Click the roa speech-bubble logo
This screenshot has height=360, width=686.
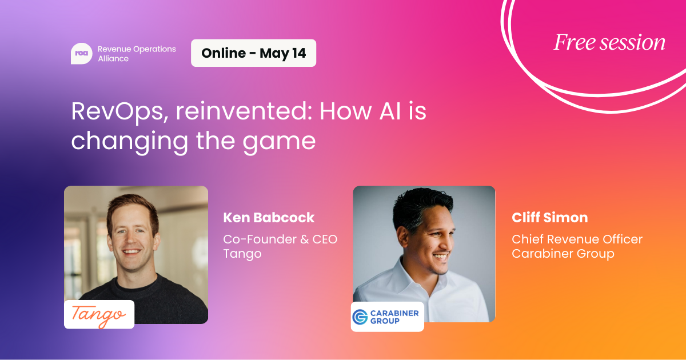(81, 54)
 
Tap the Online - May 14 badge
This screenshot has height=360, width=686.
(254, 53)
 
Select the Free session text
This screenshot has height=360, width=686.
(609, 42)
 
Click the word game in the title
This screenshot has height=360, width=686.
(279, 142)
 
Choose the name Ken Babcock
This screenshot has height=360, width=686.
(269, 218)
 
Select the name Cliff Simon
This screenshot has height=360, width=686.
(550, 218)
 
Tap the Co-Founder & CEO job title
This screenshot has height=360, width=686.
(280, 239)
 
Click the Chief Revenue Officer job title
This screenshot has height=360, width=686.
(577, 239)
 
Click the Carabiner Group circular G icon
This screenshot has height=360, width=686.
(360, 317)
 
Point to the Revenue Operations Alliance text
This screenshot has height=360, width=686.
(137, 54)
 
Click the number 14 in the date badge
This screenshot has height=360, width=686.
(299, 53)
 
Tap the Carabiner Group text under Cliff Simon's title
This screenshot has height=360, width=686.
(563, 254)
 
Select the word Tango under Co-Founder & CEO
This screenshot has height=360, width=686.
(242, 254)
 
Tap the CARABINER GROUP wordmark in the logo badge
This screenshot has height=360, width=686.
(394, 317)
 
